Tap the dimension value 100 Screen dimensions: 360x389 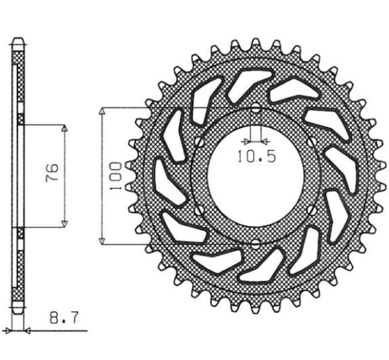[115, 174]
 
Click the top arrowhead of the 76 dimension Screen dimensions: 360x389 [65, 128]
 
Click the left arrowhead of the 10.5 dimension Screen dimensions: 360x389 [246, 141]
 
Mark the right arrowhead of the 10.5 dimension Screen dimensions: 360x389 [265, 141]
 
